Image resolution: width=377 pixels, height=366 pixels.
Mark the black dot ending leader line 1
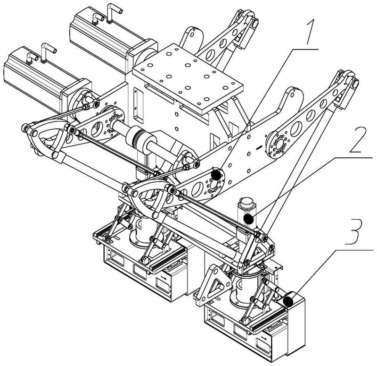pyautogui.click(x=216, y=175)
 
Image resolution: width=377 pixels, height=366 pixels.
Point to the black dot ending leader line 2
pyautogui.click(x=248, y=219)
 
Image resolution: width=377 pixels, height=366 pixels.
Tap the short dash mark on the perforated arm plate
pyautogui.click(x=258, y=148)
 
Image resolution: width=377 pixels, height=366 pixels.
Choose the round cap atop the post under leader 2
pyautogui.click(x=246, y=204)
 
